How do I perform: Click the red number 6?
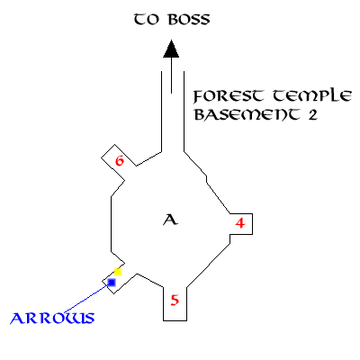tap(120, 161)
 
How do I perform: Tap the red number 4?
tap(240, 223)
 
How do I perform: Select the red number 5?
tap(175, 301)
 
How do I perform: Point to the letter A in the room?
tap(170, 220)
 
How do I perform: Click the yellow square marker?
tap(118, 272)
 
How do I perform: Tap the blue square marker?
tap(112, 283)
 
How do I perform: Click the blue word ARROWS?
tap(52, 319)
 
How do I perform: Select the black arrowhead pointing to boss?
tap(171, 49)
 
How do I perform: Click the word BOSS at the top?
tap(189, 20)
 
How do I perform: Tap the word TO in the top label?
tap(146, 20)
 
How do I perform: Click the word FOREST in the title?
tap(229, 96)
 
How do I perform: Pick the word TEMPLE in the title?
tap(312, 96)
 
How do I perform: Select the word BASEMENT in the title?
tap(247, 114)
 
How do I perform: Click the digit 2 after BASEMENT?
tap(312, 115)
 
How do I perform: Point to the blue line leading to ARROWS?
tap(85, 299)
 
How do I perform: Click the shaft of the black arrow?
tap(171, 75)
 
